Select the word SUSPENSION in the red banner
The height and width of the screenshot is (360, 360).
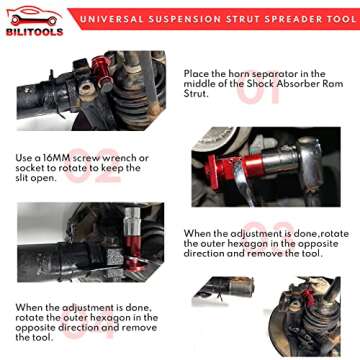190,17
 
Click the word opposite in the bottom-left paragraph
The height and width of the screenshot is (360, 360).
38,327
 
